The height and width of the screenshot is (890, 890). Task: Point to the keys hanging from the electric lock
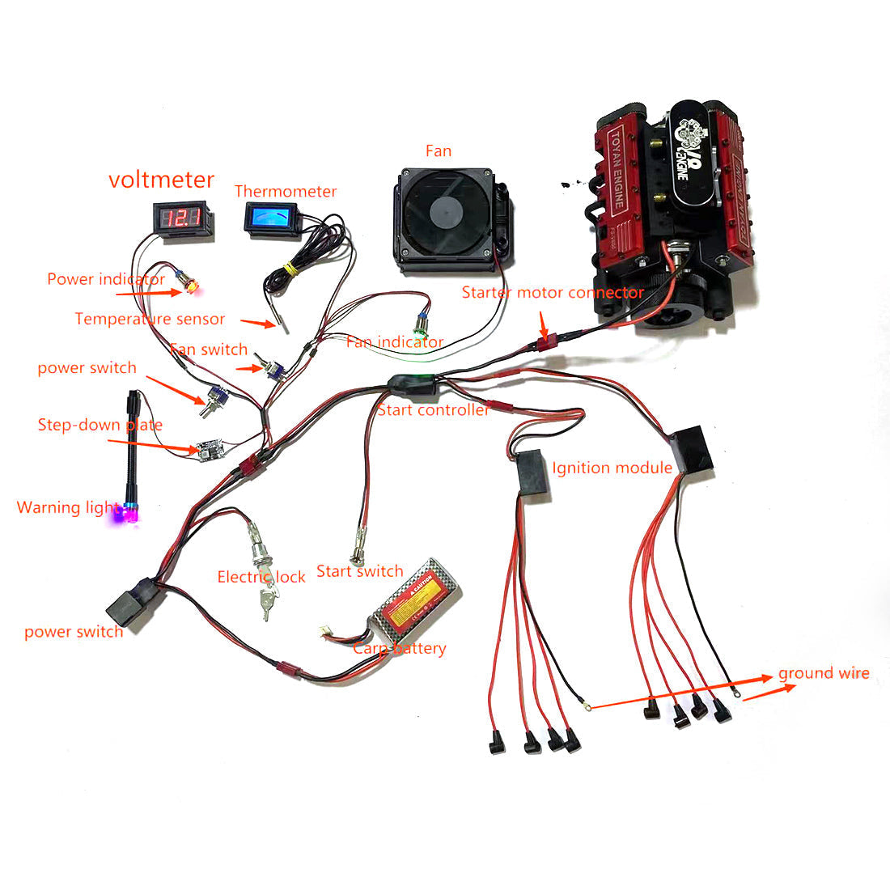click(268, 603)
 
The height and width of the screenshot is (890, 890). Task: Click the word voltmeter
click(162, 180)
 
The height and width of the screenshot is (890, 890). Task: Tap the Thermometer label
click(285, 192)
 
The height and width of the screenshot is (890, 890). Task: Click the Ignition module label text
click(612, 468)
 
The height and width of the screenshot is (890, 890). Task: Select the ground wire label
click(824, 673)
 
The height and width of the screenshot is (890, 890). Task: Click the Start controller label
click(433, 410)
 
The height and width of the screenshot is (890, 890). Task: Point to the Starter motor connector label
click(553, 293)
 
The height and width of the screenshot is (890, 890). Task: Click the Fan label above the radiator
click(439, 151)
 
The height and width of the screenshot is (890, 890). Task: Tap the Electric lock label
click(261, 577)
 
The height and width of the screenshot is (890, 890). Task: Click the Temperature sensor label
click(150, 320)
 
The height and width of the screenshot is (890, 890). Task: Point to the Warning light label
click(67, 508)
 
